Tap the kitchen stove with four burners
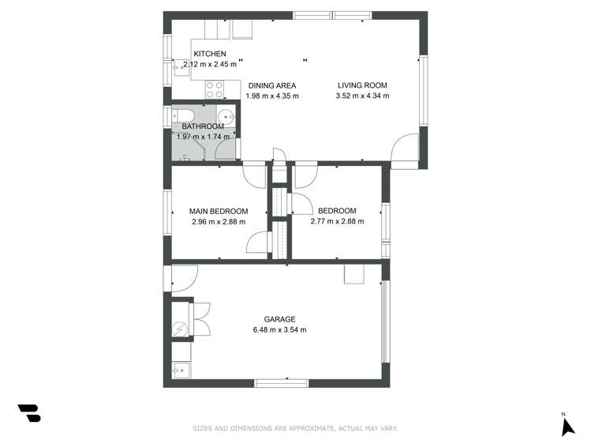pos(215,90)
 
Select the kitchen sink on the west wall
pos(179,68)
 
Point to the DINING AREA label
pos(273,85)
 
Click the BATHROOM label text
pos(203,126)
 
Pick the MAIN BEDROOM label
pos(219,211)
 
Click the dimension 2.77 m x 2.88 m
pos(337,221)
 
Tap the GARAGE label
pos(279,320)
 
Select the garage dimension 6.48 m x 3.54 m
pos(279,330)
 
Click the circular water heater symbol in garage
pos(180,329)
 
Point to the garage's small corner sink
pos(180,369)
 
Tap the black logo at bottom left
pos(29,412)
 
